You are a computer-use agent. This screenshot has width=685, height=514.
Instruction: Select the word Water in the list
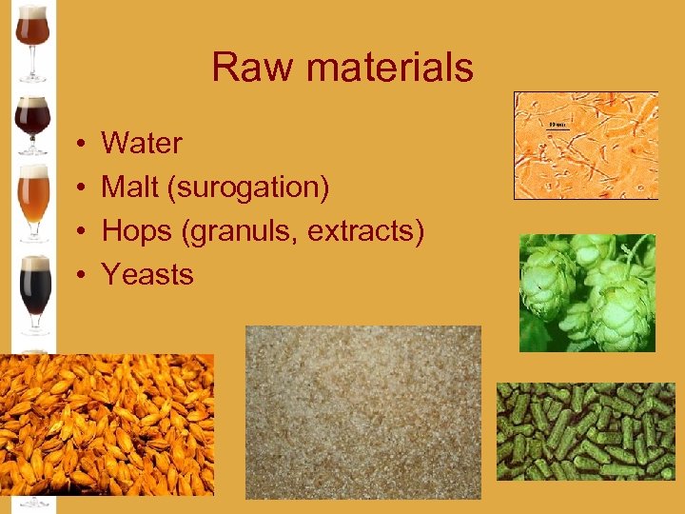tap(142, 144)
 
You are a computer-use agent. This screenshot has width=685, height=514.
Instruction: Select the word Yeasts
tap(147, 275)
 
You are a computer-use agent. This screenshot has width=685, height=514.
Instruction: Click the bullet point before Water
tap(84, 145)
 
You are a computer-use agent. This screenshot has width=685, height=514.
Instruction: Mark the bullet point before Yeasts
tap(84, 276)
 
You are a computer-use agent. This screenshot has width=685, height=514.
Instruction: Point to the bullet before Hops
tap(84, 232)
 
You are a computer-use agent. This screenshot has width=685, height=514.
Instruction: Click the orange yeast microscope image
tap(585, 146)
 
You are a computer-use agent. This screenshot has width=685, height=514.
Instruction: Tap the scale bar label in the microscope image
tap(558, 125)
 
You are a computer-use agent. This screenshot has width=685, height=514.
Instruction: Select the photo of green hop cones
tap(587, 292)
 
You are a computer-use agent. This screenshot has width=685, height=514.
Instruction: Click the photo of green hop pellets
tap(584, 430)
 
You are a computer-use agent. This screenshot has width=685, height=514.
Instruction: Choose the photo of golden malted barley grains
tap(107, 425)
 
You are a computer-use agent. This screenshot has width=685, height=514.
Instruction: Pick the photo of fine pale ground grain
tap(362, 411)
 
